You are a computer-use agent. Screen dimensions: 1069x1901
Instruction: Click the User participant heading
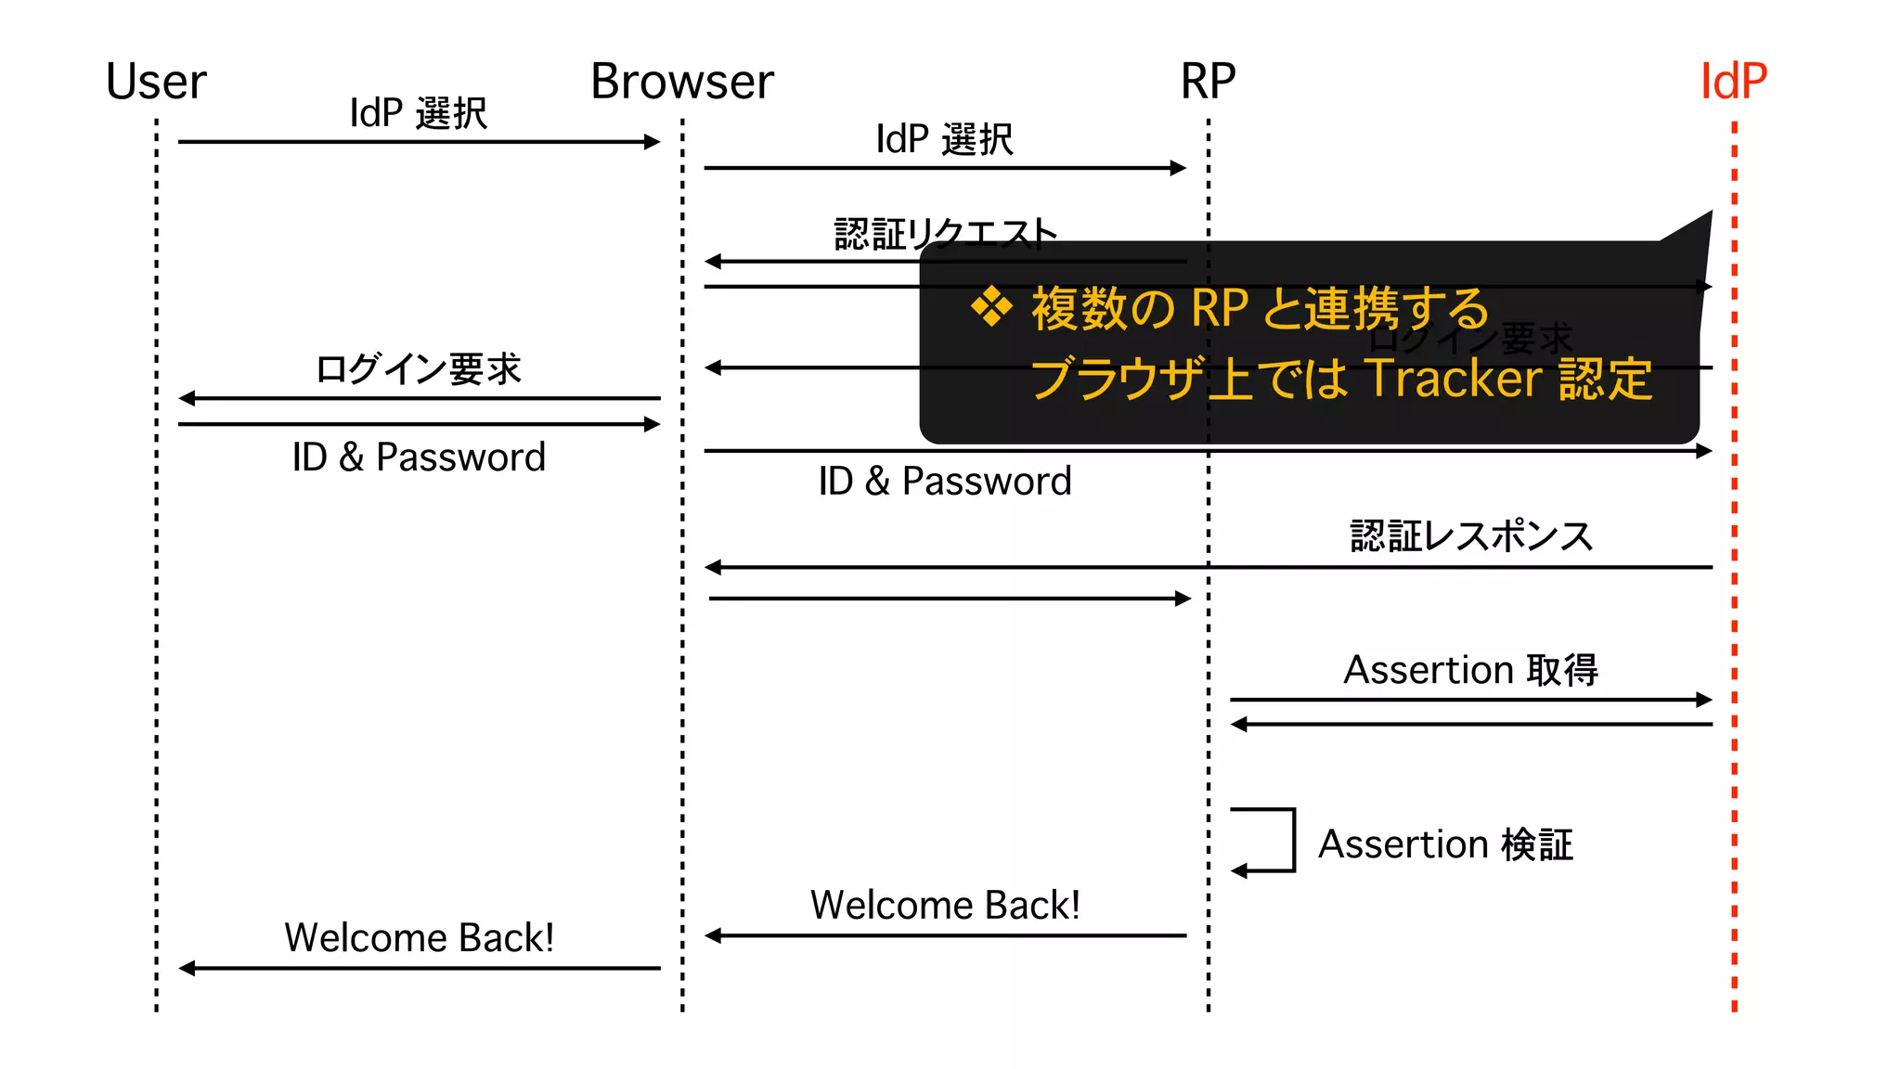(156, 82)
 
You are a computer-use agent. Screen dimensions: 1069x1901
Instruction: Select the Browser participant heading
(682, 82)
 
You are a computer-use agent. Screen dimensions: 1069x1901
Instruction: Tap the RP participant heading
(1208, 82)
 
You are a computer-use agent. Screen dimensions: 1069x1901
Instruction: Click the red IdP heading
(1733, 82)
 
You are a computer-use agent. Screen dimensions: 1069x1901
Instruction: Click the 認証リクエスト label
(945, 234)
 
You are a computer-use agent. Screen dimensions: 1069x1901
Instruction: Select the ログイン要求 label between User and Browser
(419, 369)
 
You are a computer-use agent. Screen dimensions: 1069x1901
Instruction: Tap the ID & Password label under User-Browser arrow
(419, 457)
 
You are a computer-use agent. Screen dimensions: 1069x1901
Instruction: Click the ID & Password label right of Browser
(945, 482)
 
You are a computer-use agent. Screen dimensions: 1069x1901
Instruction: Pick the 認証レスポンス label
(1471, 536)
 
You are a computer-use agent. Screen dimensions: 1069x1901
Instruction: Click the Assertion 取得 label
(1471, 670)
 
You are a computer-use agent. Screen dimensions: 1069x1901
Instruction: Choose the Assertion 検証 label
(1445, 844)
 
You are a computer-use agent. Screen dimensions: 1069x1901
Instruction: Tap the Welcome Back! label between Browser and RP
(945, 905)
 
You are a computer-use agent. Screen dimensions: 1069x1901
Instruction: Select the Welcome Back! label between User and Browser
(419, 937)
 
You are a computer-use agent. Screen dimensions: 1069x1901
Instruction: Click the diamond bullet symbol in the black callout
(991, 307)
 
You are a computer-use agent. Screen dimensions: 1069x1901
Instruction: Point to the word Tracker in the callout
(1454, 379)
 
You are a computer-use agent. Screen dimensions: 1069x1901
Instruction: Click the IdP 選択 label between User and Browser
(419, 113)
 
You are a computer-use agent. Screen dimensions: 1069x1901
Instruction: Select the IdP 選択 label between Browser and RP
(945, 139)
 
